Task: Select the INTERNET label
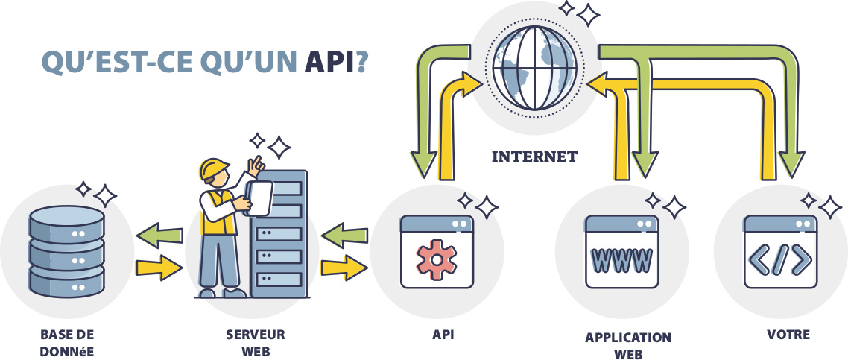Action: click(534, 157)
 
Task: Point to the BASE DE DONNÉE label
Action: click(67, 342)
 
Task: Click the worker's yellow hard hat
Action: click(214, 170)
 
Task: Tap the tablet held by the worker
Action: click(259, 198)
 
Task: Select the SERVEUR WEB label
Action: click(255, 342)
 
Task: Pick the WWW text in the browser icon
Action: click(621, 259)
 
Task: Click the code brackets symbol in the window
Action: click(779, 258)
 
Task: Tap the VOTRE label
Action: click(788, 335)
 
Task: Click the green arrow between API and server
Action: click(344, 236)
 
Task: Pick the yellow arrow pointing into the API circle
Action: click(344, 267)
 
